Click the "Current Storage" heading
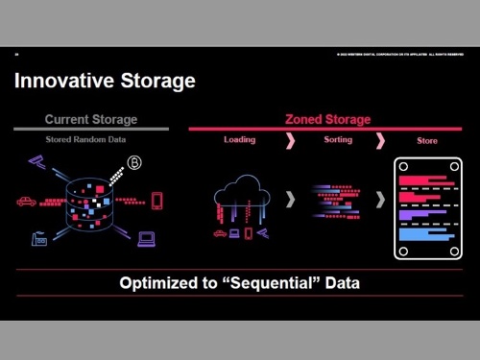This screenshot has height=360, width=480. click(91, 120)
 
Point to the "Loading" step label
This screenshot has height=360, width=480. click(239, 140)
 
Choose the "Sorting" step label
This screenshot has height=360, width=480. click(331, 140)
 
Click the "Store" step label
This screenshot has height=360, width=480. click(426, 141)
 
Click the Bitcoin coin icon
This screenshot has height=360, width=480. click(134, 163)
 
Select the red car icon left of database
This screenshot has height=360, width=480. click(26, 202)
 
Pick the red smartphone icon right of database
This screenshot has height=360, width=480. click(156, 201)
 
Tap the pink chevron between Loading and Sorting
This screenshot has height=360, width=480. click(289, 141)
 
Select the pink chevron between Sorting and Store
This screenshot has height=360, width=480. click(380, 141)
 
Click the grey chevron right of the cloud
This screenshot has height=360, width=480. click(290, 201)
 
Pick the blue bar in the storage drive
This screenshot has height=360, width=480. click(418, 233)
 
